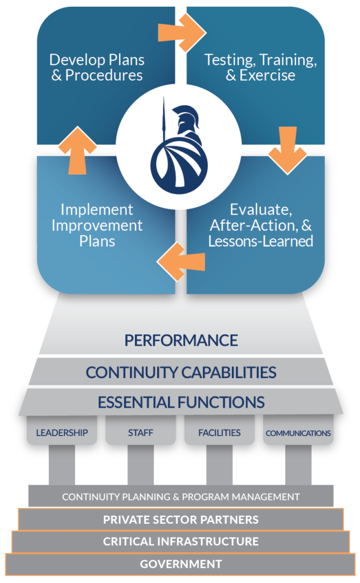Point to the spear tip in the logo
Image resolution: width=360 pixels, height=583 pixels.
tap(163, 102)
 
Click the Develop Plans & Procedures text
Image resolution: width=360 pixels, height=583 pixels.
tap(97, 67)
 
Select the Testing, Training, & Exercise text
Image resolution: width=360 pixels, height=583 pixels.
tap(260, 67)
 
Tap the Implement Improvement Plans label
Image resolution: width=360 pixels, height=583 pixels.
tap(97, 225)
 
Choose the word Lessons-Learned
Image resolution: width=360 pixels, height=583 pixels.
tap(260, 241)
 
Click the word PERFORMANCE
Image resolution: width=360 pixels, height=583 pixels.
tap(181, 340)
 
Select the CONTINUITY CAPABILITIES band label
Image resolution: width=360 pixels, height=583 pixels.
tap(181, 372)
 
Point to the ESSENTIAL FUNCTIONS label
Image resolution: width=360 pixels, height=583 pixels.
tap(181, 402)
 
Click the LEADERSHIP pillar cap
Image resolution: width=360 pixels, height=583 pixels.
tap(62, 433)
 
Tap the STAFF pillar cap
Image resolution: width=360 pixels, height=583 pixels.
tap(140, 433)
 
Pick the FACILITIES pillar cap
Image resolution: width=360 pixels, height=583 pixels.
tap(219, 433)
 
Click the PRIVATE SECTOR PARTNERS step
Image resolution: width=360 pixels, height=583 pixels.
tap(181, 519)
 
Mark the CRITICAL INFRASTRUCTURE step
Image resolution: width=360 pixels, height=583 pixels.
tap(181, 541)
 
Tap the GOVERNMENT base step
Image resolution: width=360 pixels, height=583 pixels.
tap(181, 564)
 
